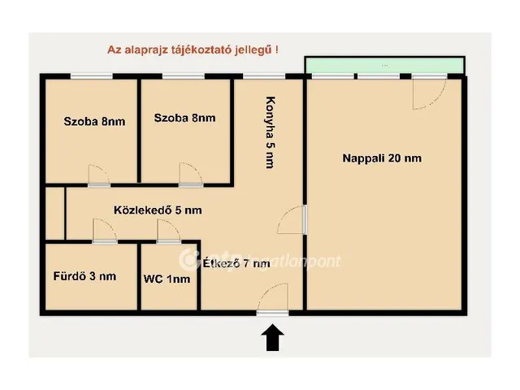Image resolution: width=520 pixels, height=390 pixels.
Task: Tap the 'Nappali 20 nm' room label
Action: [381, 158]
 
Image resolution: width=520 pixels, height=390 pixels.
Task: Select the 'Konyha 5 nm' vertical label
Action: [270, 132]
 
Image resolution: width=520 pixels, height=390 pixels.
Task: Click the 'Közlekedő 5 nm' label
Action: [158, 210]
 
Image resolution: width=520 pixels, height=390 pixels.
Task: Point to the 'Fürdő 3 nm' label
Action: [84, 276]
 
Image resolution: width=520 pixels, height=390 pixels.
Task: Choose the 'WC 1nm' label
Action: [167, 279]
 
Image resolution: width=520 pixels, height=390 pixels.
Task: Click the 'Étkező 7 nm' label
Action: [237, 263]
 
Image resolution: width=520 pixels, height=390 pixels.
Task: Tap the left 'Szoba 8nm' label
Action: [94, 123]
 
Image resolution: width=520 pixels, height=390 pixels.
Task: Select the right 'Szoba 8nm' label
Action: [184, 119]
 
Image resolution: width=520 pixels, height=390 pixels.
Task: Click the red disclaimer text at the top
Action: [193, 49]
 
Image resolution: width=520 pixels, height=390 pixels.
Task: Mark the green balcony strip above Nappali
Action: [384, 65]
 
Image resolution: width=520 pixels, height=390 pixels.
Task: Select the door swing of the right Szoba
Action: [189, 173]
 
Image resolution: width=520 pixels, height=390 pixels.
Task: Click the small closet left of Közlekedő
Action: [54, 214]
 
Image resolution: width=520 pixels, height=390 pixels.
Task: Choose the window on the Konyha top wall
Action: [258, 76]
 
